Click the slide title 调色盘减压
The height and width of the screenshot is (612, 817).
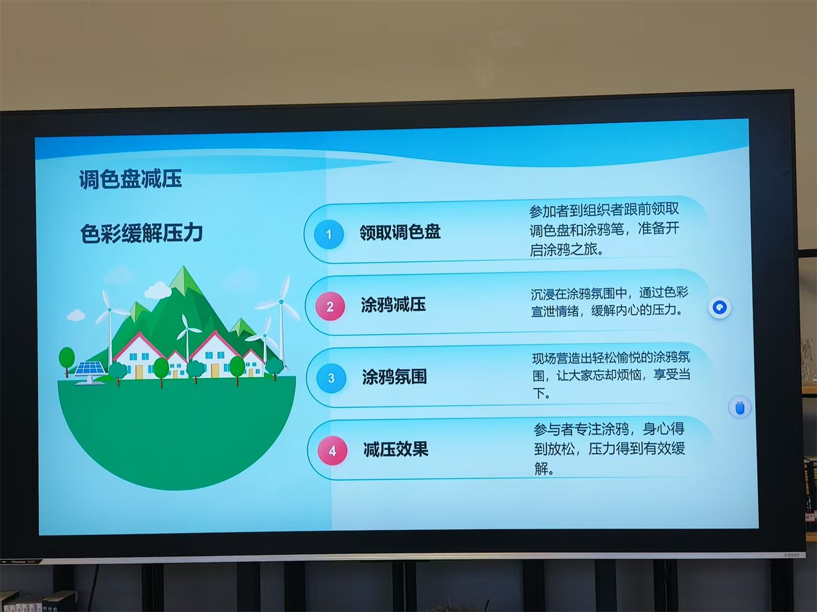130,179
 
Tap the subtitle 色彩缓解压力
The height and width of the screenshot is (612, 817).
142,234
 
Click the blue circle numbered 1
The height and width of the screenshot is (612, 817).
328,234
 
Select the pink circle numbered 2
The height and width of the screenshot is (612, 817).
330,307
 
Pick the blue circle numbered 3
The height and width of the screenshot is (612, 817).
331,378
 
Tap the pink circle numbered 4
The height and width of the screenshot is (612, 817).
332,450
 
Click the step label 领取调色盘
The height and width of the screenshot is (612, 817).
400,232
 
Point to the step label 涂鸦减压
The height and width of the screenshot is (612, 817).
393,305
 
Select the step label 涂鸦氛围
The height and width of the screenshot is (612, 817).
394,377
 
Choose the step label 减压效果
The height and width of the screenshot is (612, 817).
396,449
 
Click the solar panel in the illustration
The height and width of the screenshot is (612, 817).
90,371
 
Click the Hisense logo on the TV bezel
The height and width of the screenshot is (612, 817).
19,561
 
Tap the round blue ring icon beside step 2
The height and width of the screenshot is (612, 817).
720,308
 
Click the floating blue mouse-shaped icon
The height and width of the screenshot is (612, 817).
740,407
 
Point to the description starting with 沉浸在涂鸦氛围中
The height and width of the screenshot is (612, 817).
609,302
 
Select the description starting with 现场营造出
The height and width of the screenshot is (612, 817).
611,375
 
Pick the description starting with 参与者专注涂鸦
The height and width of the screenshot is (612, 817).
609,448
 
